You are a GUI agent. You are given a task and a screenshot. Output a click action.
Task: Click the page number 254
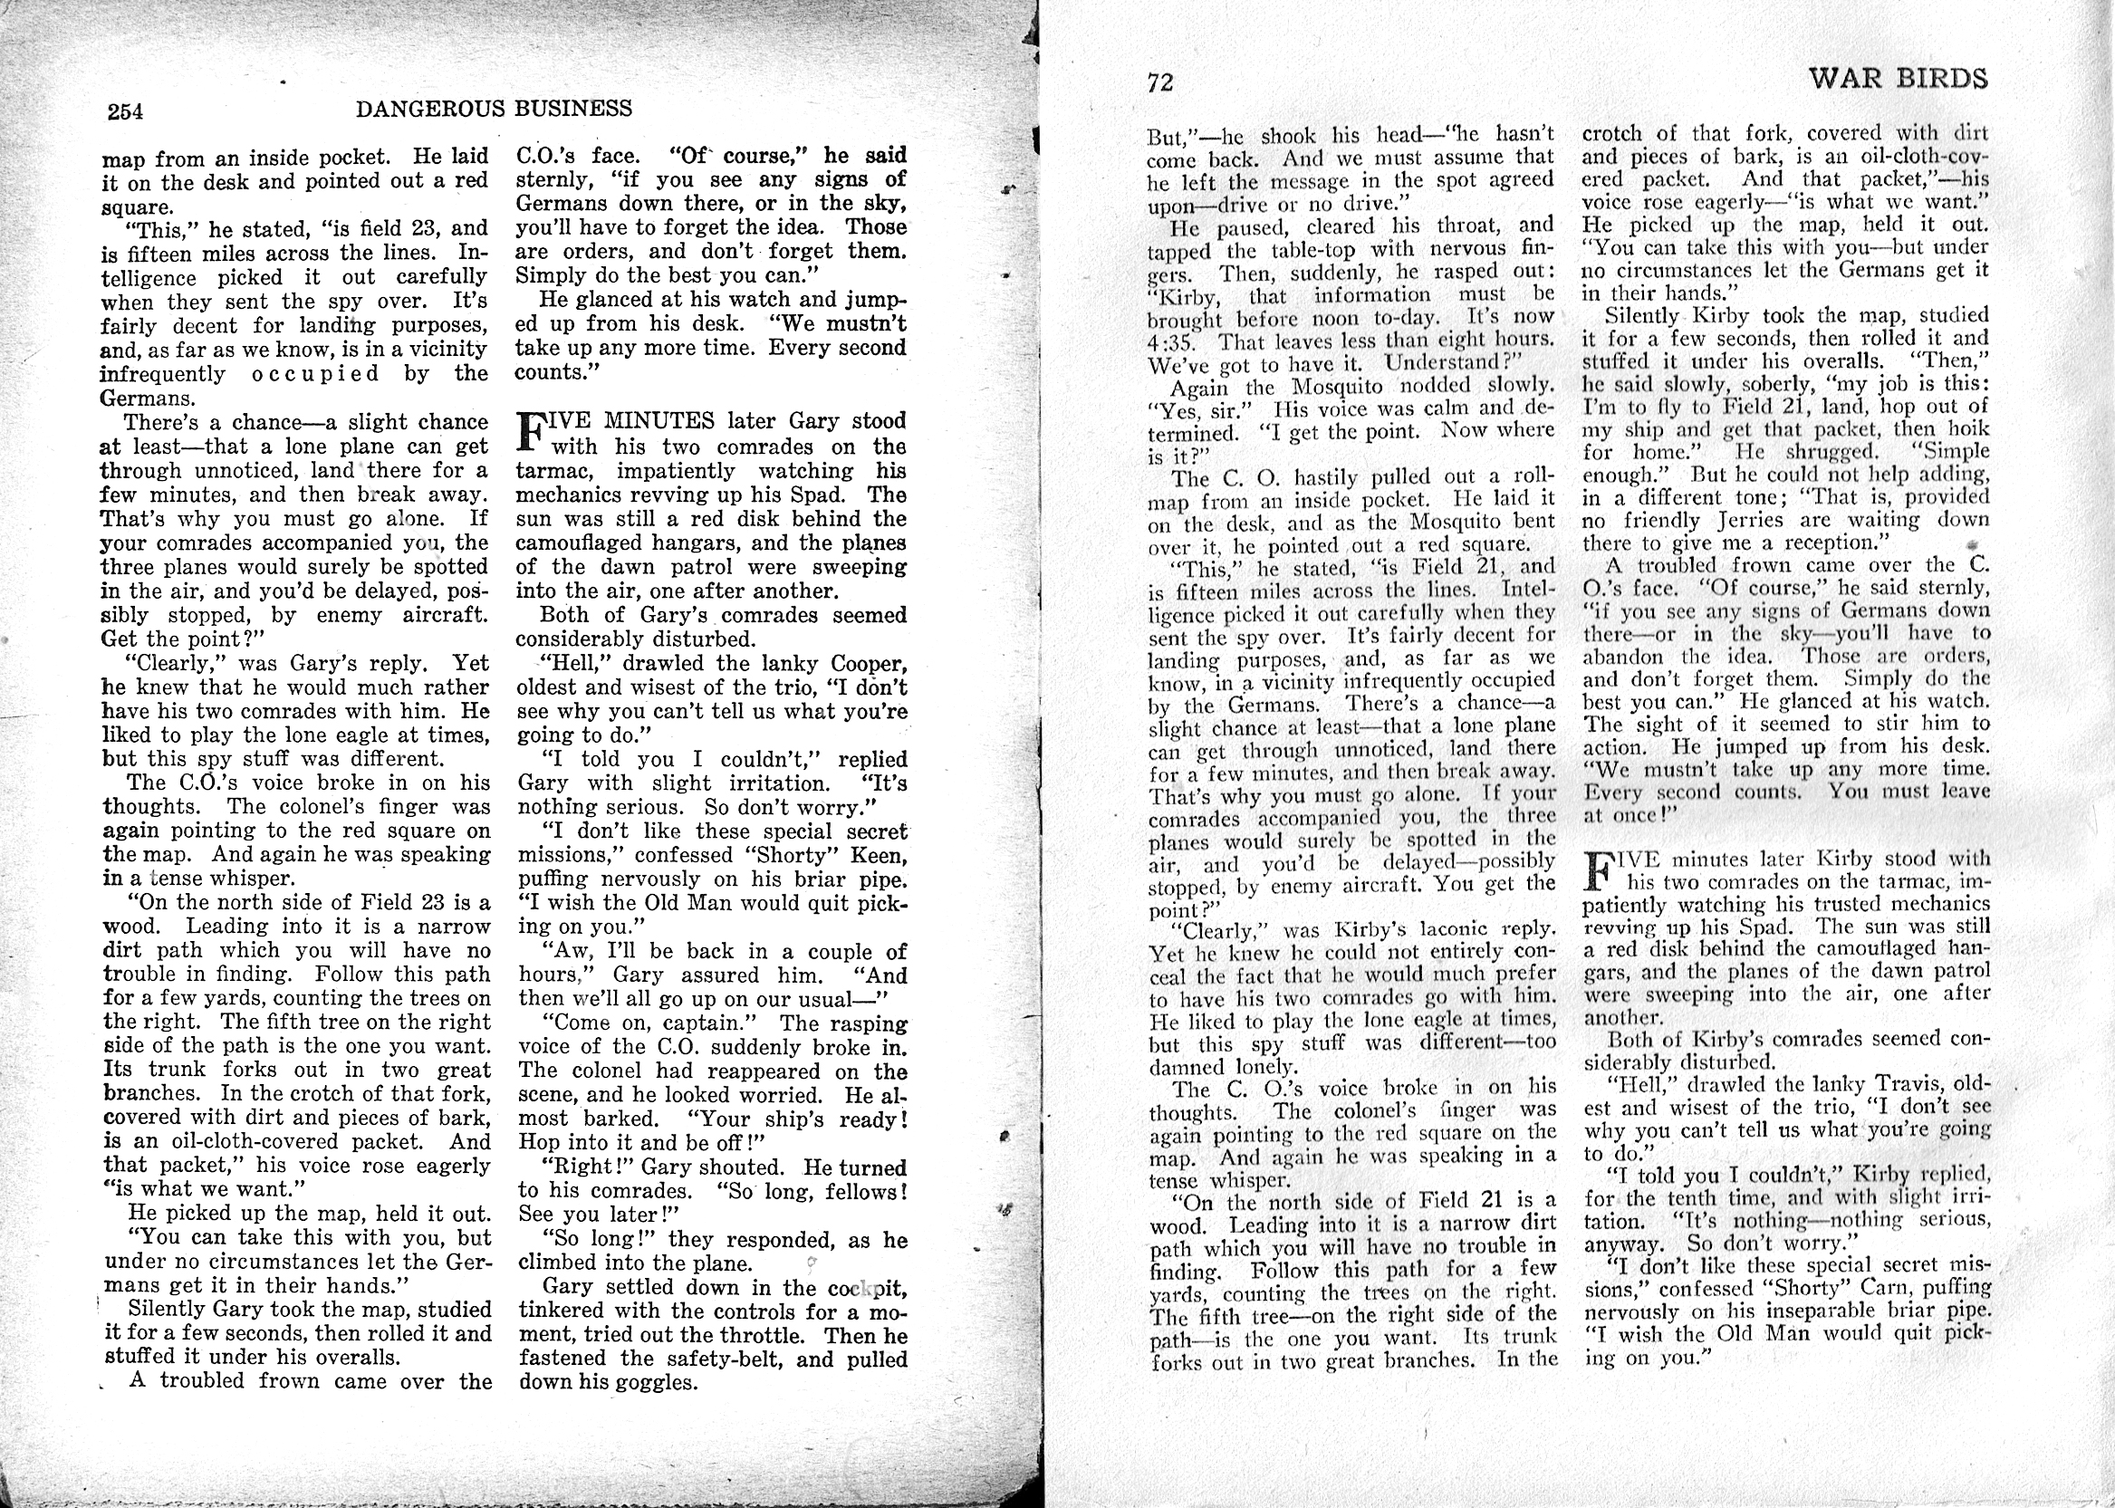(x=125, y=112)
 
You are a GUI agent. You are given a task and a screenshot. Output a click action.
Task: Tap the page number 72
(x=1160, y=83)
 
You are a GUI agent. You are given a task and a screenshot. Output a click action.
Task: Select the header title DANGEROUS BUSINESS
(x=494, y=109)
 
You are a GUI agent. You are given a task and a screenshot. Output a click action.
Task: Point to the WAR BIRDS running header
(x=1898, y=79)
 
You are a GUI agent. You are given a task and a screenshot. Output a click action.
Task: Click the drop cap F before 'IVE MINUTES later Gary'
(x=530, y=434)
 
